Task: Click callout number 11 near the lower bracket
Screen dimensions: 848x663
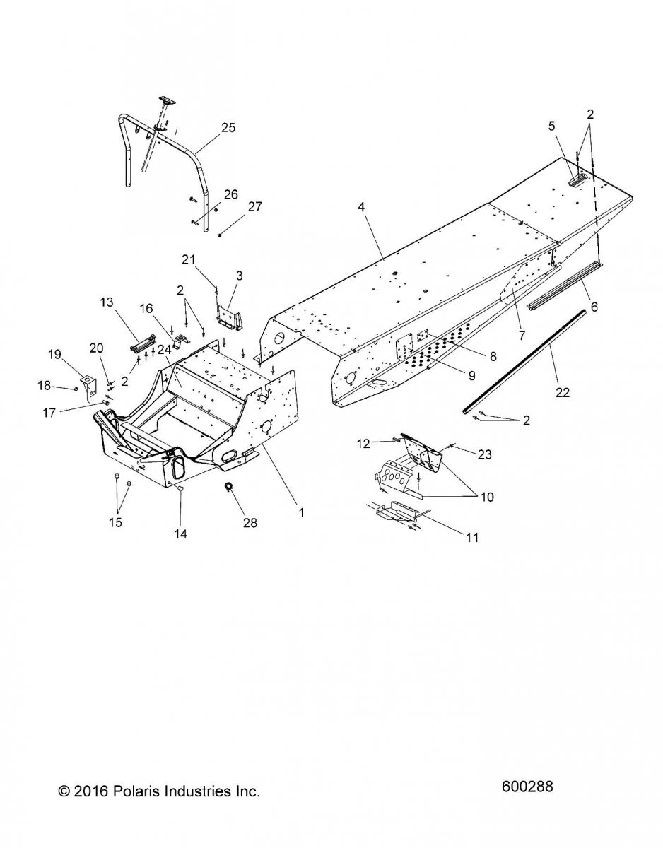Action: pos(471,538)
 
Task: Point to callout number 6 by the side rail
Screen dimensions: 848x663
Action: pos(594,307)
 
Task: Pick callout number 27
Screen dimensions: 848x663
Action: pos(254,207)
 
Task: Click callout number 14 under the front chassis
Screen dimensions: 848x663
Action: pos(180,534)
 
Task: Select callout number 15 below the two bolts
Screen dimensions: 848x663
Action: pos(115,523)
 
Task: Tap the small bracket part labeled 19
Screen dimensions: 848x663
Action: pos(88,385)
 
